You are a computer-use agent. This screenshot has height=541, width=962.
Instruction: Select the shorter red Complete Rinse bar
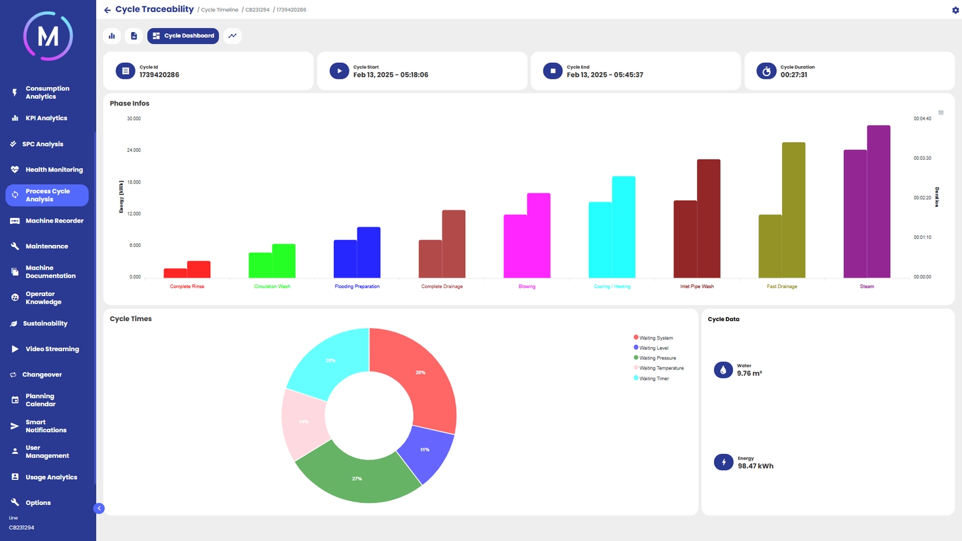pos(175,273)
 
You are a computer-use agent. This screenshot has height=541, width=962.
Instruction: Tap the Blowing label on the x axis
pos(527,286)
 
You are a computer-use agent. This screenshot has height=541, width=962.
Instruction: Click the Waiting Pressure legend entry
pos(657,358)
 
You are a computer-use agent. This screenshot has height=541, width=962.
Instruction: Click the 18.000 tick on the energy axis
pos(134,182)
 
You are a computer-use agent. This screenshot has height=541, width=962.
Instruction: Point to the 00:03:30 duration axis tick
pos(922,159)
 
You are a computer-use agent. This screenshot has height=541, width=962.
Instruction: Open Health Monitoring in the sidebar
pos(54,170)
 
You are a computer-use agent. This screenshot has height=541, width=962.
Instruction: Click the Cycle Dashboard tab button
pos(183,36)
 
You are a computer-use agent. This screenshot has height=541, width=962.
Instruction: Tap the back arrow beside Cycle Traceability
pos(107,10)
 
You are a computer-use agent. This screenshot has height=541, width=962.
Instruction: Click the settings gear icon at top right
pos(955,10)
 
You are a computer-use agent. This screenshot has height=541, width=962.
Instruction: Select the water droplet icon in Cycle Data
pos(723,370)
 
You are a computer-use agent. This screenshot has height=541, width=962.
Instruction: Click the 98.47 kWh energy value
pos(755,466)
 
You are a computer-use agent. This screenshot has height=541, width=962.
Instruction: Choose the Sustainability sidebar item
pos(45,324)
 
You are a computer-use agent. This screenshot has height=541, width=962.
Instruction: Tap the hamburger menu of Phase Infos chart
pos(940,113)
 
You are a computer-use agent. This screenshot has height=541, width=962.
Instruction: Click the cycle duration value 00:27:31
pos(793,75)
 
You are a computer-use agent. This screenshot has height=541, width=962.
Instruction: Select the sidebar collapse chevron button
pos(99,508)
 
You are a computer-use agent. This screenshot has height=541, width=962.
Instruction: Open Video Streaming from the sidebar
pos(52,349)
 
